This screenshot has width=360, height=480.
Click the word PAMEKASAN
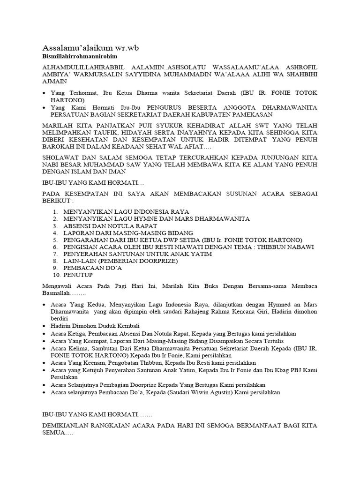coord(295,114)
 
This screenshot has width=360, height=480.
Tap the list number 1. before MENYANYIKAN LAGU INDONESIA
coord(55,212)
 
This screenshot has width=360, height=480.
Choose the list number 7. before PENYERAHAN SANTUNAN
coord(55,254)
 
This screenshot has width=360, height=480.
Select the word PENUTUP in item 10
coord(79,275)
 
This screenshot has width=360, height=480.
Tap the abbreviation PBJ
coord(293,370)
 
